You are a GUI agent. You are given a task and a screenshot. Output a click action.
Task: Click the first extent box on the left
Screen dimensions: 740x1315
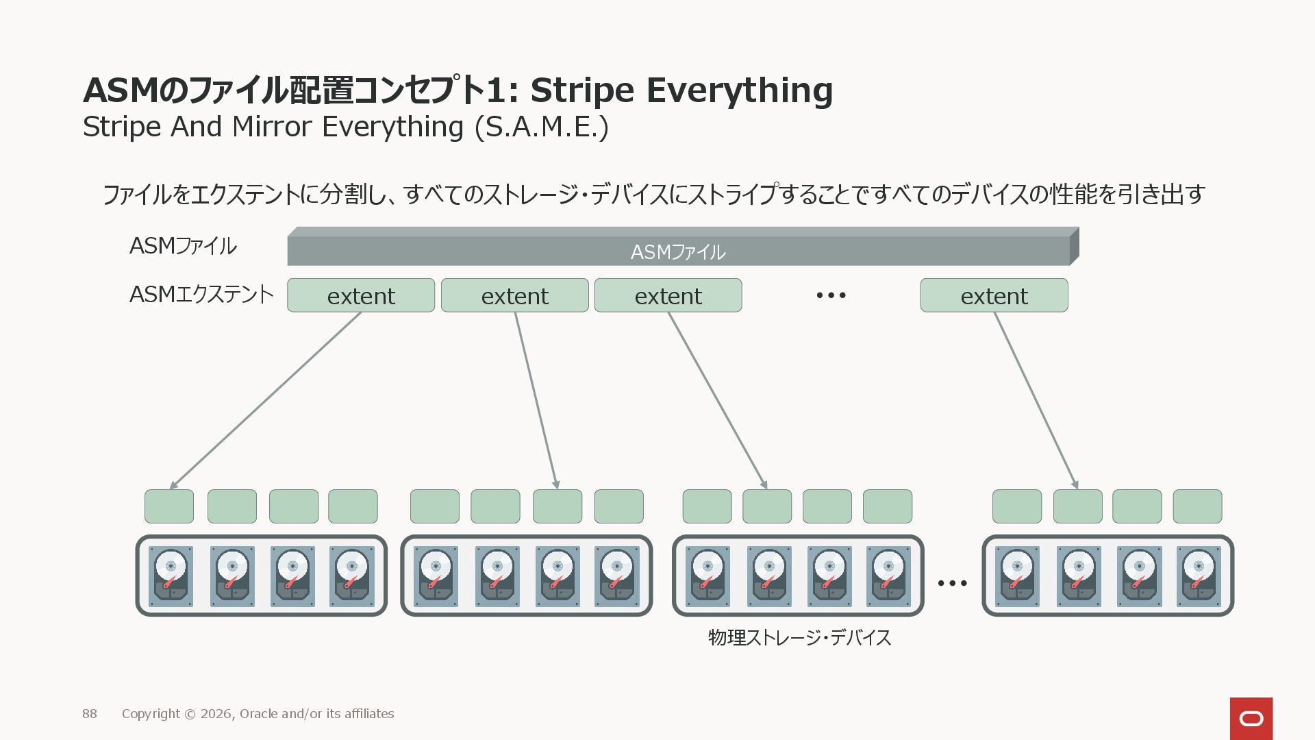361,295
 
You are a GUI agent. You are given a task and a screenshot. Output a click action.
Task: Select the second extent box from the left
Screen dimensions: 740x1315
514,295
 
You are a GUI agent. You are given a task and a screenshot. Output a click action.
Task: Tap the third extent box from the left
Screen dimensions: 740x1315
668,295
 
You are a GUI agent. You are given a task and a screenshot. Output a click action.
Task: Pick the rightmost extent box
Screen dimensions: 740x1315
994,295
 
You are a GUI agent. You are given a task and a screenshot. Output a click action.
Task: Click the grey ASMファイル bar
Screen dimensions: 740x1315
678,251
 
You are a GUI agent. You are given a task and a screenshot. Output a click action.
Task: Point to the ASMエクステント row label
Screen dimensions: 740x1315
201,295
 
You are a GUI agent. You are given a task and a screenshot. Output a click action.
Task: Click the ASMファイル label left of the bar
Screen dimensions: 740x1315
183,245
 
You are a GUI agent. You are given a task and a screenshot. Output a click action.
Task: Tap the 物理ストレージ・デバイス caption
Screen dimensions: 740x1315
799,637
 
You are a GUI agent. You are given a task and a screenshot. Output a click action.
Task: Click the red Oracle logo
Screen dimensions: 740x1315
1251,718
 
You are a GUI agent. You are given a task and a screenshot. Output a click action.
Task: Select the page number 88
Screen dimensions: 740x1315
90,713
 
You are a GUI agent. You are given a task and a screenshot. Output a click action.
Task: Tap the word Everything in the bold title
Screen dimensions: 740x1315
740,90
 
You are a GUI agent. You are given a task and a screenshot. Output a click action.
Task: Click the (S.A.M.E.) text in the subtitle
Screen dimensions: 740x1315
542,127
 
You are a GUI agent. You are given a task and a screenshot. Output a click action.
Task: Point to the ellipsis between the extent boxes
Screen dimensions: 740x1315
831,295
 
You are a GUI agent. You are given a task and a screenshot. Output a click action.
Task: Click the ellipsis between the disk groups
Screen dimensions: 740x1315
952,583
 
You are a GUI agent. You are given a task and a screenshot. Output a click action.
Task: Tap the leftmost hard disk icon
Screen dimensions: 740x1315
171,576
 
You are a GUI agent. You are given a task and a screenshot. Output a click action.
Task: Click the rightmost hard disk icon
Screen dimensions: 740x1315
1199,576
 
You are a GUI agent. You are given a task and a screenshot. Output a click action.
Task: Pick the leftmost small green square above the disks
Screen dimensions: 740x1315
169,506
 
